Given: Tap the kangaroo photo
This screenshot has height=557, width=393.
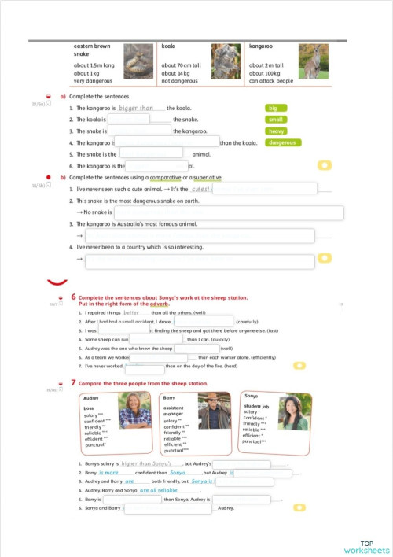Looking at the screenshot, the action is coord(314,61).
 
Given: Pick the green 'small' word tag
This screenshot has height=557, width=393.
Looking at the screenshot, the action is coord(277,120).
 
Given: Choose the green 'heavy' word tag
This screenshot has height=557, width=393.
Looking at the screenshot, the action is coord(277,131).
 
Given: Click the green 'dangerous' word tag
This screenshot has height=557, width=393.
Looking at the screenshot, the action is coord(283,143).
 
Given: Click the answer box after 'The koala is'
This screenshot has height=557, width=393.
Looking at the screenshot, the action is coord(128,120).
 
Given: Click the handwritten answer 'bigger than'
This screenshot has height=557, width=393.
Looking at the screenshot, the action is coord(136,108).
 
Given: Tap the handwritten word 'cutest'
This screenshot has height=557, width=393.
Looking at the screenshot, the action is coord(201,189).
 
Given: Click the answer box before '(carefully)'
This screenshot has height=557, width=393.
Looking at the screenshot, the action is coord(203,322).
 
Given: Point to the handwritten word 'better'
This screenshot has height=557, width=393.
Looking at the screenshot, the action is coord(130,312).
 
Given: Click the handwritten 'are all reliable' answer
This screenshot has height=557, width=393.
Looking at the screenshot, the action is coord(158,489).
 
